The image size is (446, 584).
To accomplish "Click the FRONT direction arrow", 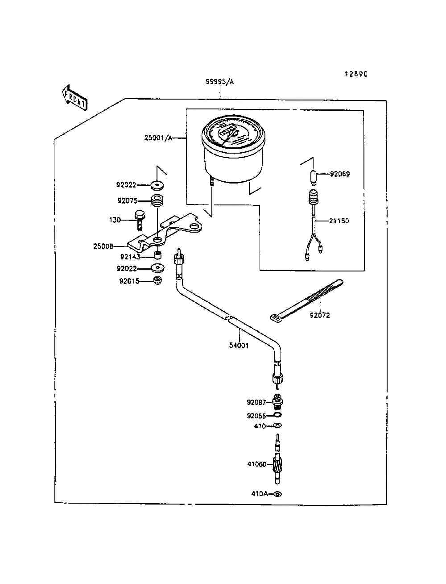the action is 74,97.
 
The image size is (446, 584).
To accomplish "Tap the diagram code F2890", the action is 356,74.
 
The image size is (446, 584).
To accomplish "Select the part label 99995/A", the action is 219,82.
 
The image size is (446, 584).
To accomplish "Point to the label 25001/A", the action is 158,138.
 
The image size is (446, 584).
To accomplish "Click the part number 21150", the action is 339,221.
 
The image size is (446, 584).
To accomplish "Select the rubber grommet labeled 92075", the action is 157,200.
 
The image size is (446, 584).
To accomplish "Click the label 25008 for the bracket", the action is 103,246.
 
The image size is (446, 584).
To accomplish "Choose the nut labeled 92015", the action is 158,280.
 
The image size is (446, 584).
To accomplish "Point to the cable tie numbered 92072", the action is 307,300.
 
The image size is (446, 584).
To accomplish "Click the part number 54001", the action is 239,346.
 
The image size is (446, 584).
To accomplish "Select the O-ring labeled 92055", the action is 277,415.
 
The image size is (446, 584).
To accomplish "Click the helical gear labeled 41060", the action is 277,465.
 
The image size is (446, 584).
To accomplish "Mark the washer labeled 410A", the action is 277,494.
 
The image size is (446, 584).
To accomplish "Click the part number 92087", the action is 256,402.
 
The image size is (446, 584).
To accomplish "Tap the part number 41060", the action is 257,464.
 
